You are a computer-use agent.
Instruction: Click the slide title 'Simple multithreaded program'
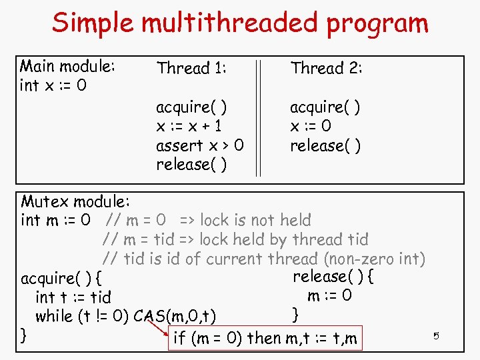(240, 23)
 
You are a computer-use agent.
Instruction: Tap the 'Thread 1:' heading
(191, 68)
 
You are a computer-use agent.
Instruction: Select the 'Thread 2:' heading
(326, 68)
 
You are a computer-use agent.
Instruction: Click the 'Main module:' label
(68, 67)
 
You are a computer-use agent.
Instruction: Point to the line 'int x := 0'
(53, 86)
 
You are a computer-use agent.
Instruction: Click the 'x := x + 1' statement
(189, 126)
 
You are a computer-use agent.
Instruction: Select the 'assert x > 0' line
(199, 145)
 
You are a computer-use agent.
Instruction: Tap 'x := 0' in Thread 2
(310, 126)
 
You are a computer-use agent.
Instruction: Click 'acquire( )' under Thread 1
(191, 107)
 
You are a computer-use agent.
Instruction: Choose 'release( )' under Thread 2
(325, 145)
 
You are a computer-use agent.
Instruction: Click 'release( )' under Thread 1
(191, 165)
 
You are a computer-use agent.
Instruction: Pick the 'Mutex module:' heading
(75, 201)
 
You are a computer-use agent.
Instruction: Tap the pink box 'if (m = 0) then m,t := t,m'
(265, 338)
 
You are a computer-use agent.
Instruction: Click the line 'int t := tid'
(73, 297)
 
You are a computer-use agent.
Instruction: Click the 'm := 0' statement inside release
(329, 295)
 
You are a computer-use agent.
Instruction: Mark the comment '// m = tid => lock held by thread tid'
(236, 239)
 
